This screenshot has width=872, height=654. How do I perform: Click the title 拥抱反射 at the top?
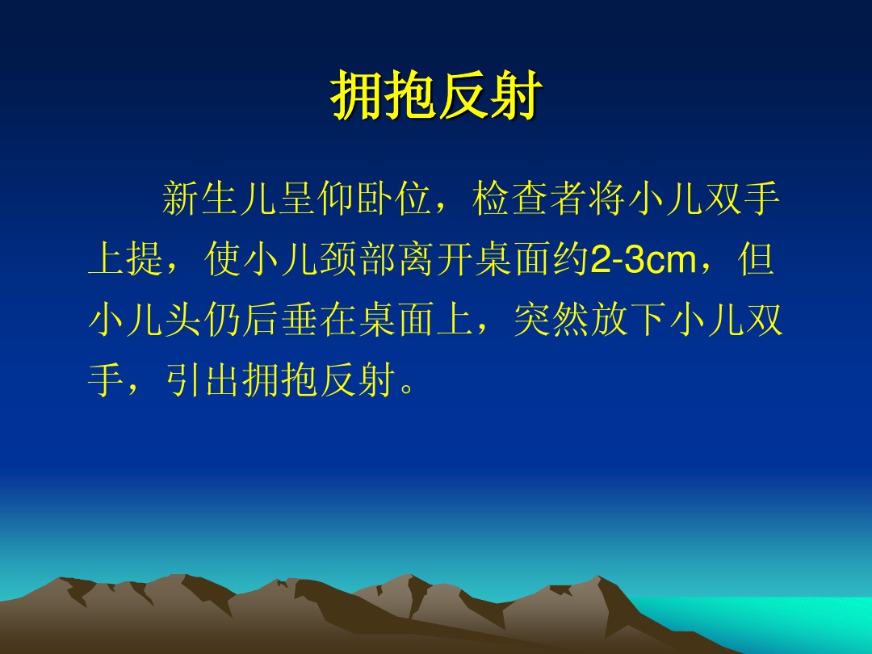pos(436,95)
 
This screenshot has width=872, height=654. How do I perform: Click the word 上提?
pos(126,259)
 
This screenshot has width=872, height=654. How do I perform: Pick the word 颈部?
pos(358,259)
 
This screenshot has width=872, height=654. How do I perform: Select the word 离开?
pos(435,259)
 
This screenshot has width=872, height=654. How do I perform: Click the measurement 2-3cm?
pos(644,260)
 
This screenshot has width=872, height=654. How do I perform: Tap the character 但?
pos(756,259)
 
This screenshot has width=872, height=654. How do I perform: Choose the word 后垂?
pos(281,320)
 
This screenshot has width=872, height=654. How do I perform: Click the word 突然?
pos(551,320)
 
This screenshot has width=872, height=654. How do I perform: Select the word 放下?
pos(629,320)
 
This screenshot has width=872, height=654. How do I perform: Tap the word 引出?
pos(203,380)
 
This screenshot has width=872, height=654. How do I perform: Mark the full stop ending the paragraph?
pos(407,388)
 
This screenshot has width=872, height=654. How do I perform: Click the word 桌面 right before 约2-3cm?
pos(513,259)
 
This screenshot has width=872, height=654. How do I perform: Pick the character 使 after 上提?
pos(223,259)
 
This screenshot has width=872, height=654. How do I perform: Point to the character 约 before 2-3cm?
pos(571,259)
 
